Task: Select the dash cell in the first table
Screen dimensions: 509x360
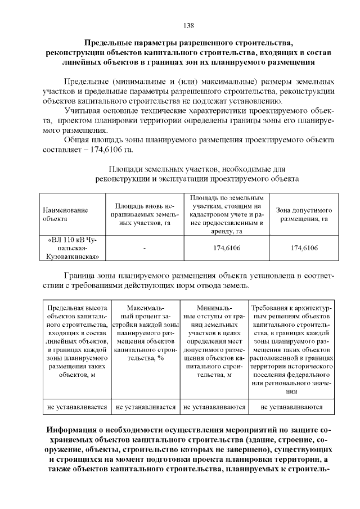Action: coord(145,248)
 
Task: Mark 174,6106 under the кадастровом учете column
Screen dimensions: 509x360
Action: coord(227,248)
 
